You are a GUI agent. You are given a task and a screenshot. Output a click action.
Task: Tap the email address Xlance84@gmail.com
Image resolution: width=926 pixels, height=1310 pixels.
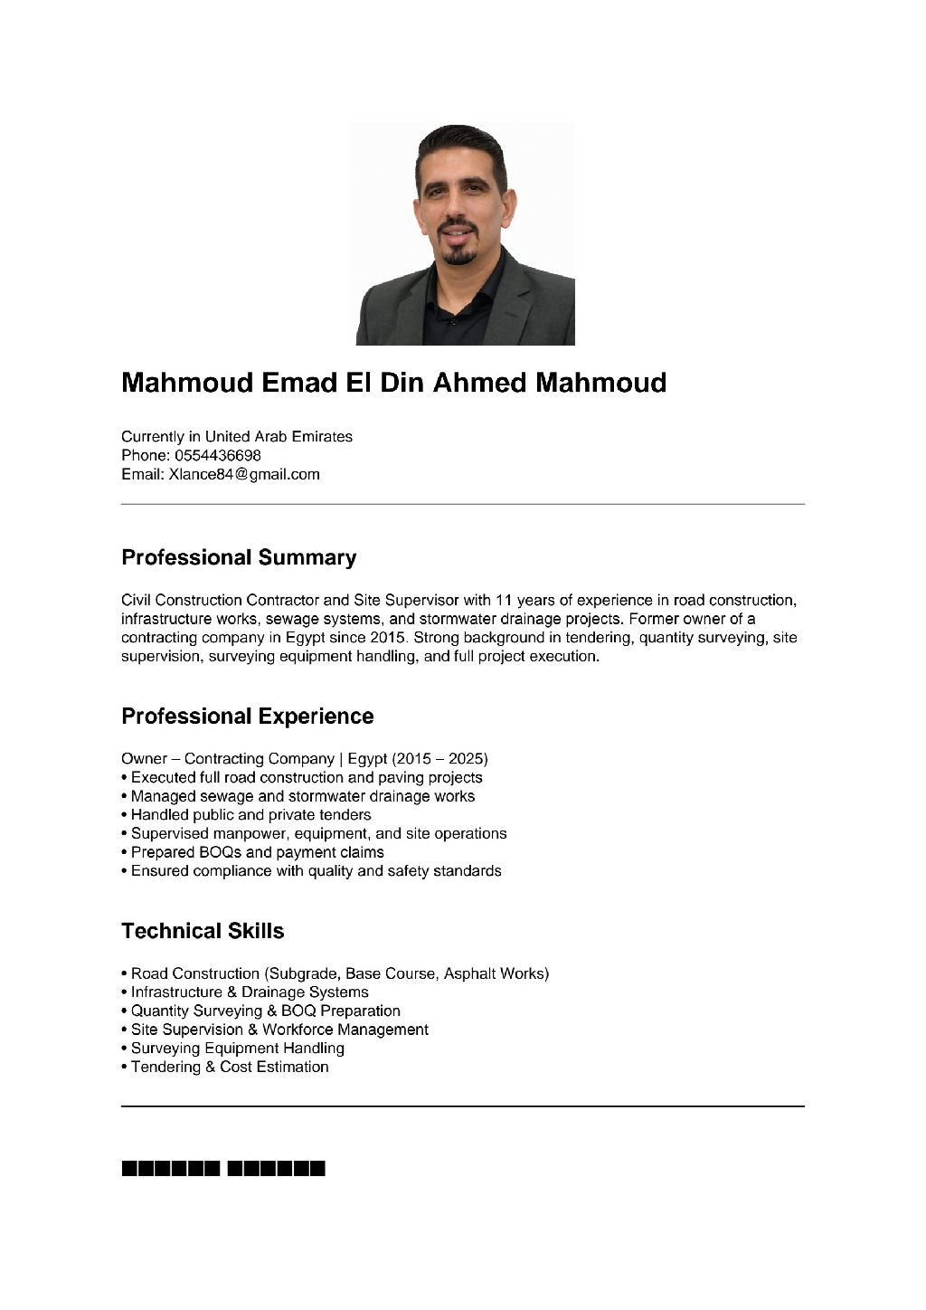(244, 474)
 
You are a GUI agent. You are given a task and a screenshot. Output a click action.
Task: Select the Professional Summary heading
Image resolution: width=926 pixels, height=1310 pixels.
(239, 557)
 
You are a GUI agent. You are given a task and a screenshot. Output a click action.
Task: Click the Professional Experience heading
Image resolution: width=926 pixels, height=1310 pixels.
(247, 716)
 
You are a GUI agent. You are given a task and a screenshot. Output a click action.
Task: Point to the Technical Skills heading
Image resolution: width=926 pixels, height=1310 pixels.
(203, 931)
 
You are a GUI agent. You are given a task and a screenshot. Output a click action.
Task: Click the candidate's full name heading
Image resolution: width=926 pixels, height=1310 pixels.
(393, 383)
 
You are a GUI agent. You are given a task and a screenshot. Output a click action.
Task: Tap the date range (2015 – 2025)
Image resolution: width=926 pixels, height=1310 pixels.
(439, 758)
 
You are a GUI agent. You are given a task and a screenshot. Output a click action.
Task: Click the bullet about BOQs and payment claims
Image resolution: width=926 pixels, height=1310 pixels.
(257, 852)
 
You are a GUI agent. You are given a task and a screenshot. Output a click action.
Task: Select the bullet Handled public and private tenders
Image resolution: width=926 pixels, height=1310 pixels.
(250, 814)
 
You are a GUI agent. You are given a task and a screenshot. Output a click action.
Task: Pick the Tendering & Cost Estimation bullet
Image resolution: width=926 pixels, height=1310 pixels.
(229, 1067)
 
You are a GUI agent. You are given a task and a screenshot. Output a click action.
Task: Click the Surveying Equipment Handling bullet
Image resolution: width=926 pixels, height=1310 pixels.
(237, 1048)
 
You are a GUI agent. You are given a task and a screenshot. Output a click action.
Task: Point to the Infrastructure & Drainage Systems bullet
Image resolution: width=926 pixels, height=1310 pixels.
(249, 992)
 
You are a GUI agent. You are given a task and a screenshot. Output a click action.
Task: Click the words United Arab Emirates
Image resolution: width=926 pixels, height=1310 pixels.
(279, 436)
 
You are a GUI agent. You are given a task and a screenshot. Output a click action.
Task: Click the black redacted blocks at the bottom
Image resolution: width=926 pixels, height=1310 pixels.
(222, 1168)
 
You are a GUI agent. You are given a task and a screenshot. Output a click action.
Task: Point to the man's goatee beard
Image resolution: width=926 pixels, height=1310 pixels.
(459, 255)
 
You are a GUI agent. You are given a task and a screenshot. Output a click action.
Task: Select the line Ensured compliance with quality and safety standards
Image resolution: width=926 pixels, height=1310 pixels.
(316, 870)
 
